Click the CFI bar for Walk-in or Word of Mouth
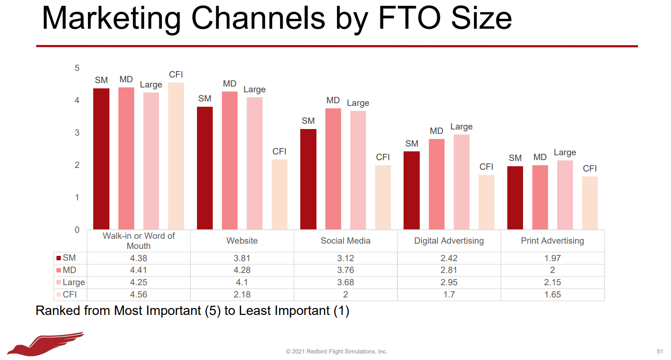(176, 156)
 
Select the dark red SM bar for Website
(205, 168)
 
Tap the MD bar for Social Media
(333, 169)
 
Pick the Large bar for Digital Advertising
(461, 182)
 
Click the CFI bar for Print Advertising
(590, 203)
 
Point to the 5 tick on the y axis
(77, 68)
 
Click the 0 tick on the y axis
(77, 230)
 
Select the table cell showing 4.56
(138, 294)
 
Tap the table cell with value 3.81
(242, 258)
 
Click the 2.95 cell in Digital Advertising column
(449, 282)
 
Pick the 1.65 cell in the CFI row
(552, 294)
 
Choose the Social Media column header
(345, 241)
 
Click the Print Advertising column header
(552, 241)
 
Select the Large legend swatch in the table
(59, 282)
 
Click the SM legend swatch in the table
(59, 258)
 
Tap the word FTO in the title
(409, 18)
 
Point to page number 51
(660, 351)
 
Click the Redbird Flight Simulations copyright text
(337, 351)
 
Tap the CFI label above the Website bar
(279, 151)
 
